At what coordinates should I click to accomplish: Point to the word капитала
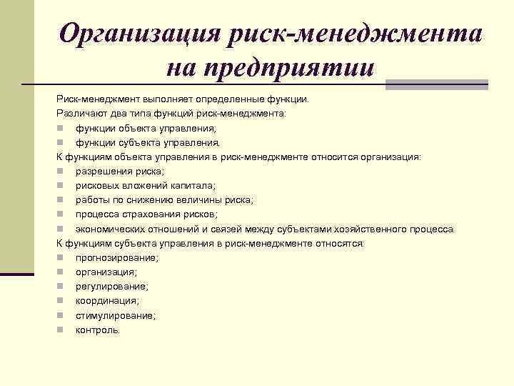click(x=187, y=186)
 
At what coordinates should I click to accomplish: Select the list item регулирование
click(x=112, y=287)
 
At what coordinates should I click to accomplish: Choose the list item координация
click(x=107, y=301)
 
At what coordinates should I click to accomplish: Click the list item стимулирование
click(x=115, y=315)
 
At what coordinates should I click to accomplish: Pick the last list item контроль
click(x=99, y=330)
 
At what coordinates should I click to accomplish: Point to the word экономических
click(x=111, y=229)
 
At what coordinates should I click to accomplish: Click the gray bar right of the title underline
click(x=436, y=84)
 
